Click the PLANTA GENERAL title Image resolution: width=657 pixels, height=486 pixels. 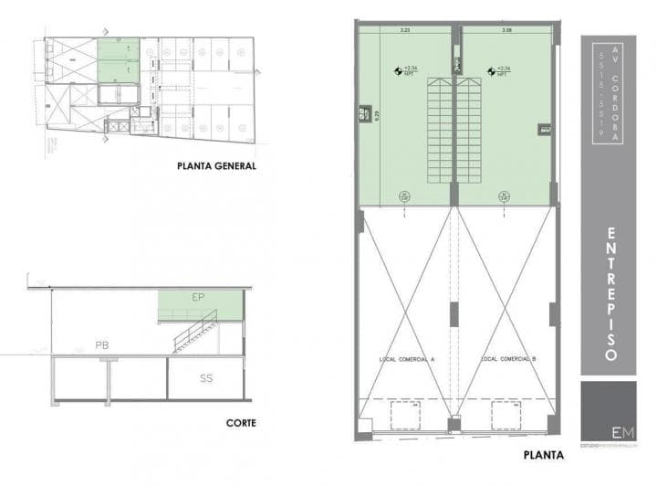pos(217,166)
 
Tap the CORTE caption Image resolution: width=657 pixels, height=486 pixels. pos(241,423)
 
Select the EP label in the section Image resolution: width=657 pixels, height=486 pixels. pos(198,299)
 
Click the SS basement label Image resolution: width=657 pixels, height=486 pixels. pos(206,377)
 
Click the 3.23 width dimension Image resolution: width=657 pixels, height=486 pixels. pos(404,31)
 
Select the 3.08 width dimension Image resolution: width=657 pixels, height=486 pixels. pos(506,31)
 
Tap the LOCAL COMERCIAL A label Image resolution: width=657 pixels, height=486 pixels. pos(406,359)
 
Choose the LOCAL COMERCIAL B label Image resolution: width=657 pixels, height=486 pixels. pos(508,359)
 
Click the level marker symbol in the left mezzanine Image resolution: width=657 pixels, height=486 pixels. pos(398,69)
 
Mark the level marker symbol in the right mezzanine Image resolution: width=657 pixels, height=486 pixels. pos(492,69)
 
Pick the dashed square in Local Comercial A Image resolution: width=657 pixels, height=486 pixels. pos(406,416)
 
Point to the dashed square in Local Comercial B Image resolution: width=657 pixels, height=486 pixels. pos(507,416)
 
